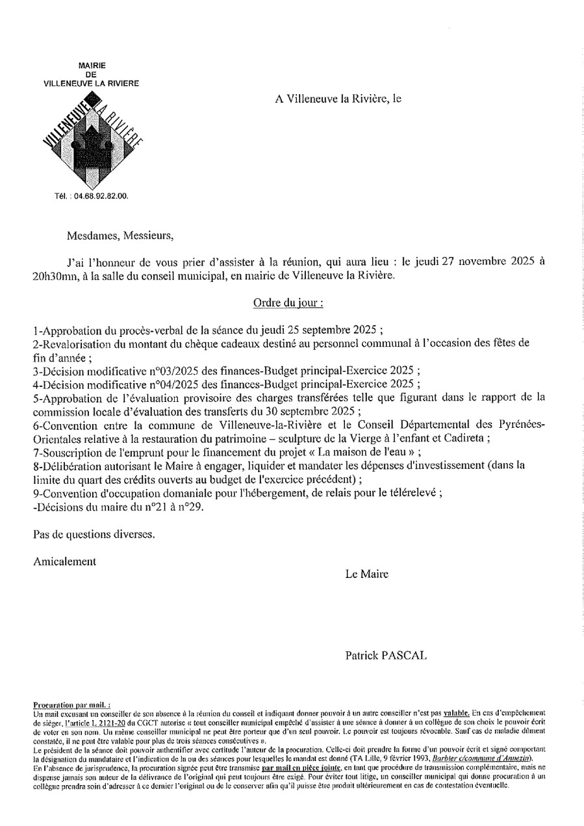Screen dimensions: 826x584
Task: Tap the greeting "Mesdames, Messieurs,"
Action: tap(120, 235)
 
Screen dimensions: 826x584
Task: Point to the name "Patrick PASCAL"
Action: tap(386, 656)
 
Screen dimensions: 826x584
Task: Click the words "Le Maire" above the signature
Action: tap(367, 574)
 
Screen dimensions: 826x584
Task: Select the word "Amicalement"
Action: tap(65, 561)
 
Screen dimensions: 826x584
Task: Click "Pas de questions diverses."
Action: tap(94, 534)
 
